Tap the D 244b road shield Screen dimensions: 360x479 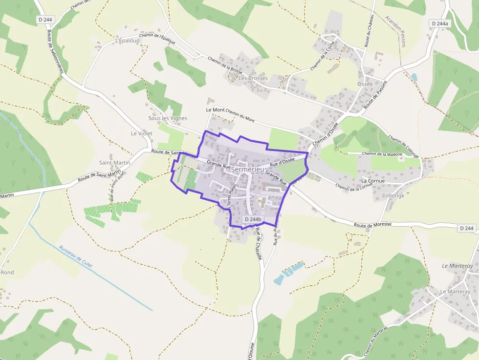(x=253, y=220)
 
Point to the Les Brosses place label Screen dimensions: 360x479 (x=253, y=78)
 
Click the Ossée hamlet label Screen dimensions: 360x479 (x=365, y=84)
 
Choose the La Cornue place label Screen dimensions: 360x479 (x=373, y=181)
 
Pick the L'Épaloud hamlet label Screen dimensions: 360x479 (x=128, y=41)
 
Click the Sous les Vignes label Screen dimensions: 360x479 (x=168, y=119)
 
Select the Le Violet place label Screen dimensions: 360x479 (x=142, y=133)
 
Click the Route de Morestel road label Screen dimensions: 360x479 (x=373, y=225)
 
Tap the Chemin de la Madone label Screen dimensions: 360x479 (x=382, y=154)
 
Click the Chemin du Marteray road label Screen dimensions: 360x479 (x=372, y=342)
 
